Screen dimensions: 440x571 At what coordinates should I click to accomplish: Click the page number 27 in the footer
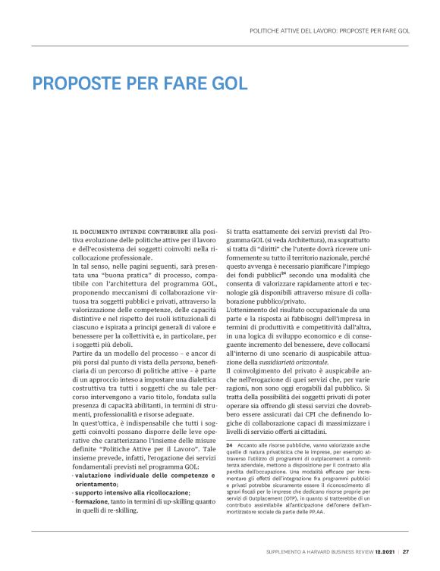[406, 551]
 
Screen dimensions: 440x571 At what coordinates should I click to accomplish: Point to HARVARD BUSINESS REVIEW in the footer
[332, 551]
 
